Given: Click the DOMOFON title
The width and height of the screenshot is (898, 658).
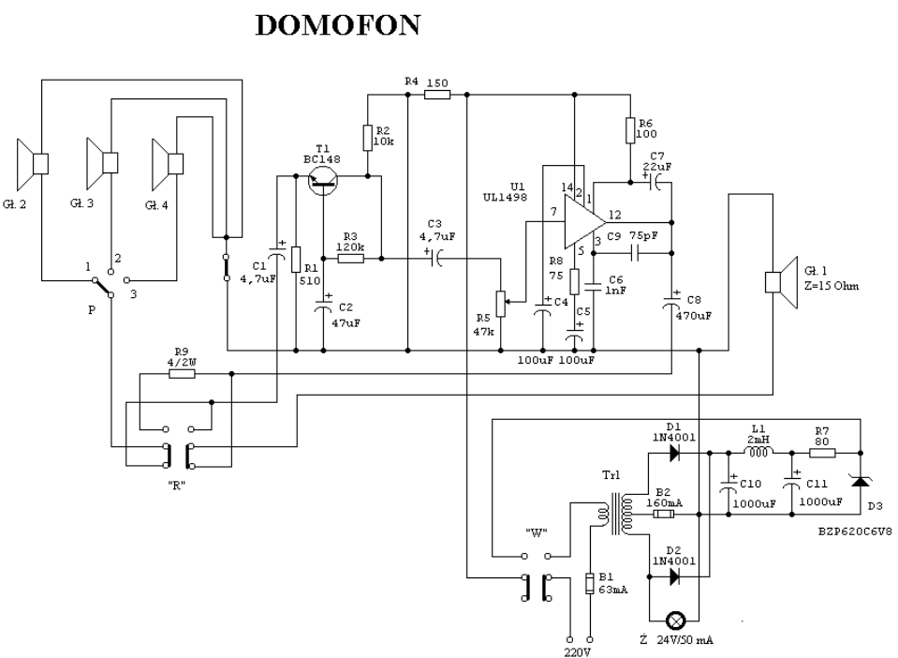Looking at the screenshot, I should click(338, 26).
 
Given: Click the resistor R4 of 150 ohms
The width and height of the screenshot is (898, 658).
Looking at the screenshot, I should click(436, 94).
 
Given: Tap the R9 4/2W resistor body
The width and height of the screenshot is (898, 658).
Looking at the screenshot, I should click(182, 373).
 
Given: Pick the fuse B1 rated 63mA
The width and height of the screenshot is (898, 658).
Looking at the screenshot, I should click(588, 583).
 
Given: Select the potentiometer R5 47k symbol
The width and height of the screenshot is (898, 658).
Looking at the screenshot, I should click(502, 299).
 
